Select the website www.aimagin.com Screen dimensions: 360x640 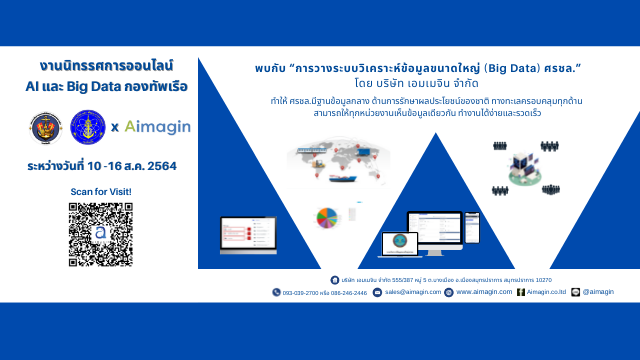tap(484, 292)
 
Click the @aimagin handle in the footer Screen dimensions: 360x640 tap(597, 292)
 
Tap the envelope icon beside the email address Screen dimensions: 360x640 tap(380, 292)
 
